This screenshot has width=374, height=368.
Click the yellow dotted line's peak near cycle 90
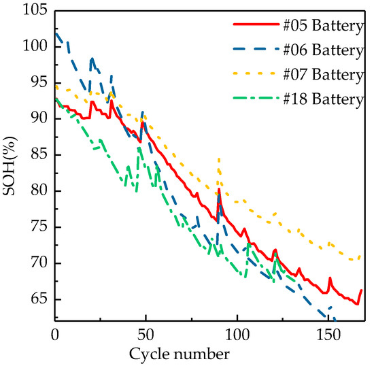[218, 158]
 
